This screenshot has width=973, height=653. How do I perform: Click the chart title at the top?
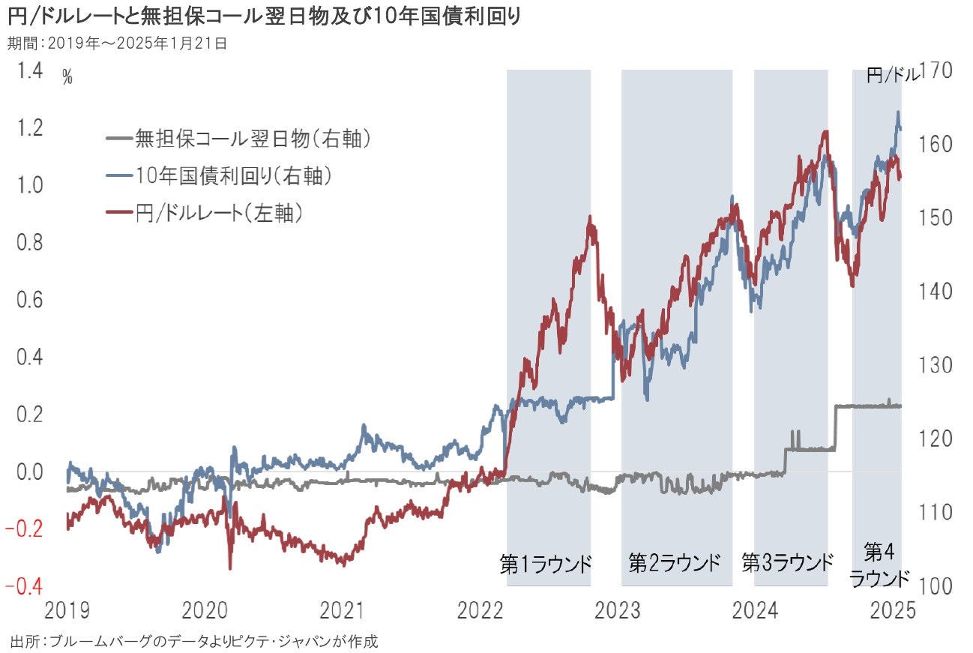pos(263,16)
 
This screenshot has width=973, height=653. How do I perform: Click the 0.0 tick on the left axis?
pos(29,472)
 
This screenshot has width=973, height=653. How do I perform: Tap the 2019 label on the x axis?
pos(67,610)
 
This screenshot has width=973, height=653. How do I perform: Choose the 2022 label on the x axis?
pos(480,610)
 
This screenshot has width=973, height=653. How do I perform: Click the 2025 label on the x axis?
pos(894,610)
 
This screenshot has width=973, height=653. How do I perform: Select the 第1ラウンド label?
pos(546,564)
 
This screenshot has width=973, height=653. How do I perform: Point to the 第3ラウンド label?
pos(788,563)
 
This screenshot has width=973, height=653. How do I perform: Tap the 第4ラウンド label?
pos(878,566)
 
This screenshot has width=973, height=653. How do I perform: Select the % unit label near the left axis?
pos(67,77)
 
